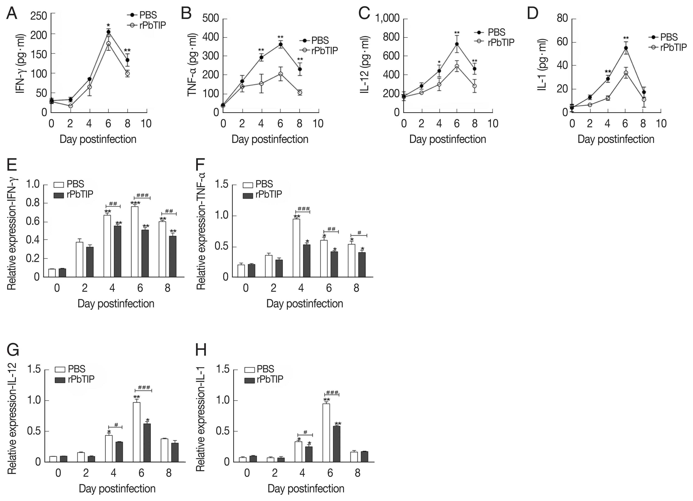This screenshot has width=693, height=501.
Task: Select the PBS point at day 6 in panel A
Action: (108, 32)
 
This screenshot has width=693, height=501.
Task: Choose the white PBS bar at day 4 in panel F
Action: (296, 248)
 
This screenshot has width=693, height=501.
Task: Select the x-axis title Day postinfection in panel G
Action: (117, 489)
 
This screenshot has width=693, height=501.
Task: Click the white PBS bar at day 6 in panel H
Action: (326, 432)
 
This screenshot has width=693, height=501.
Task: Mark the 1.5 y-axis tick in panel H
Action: (223, 369)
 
